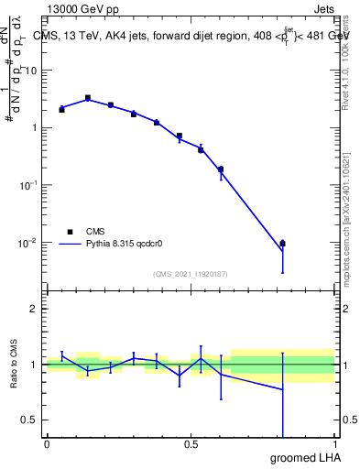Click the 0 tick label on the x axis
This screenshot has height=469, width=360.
pos(47,443)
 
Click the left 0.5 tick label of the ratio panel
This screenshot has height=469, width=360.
pos(30,420)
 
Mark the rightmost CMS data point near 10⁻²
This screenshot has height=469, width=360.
pos(282,244)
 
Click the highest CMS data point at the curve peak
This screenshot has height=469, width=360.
pos(88,98)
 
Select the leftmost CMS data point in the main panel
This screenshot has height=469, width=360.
pos(61,109)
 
